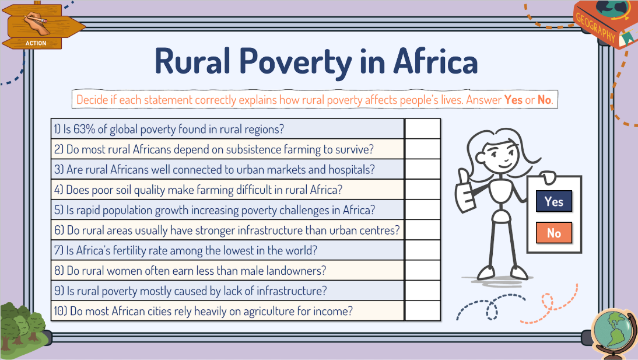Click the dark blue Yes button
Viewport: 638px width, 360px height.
click(554, 201)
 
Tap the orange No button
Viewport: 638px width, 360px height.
click(554, 233)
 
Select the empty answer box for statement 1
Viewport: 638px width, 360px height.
click(422, 129)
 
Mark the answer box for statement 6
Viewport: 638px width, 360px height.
click(422, 230)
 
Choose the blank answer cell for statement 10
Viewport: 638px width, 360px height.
click(422, 311)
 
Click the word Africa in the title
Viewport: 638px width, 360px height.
click(436, 61)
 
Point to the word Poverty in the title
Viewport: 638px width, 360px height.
click(296, 62)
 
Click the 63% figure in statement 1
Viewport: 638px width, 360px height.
click(84, 129)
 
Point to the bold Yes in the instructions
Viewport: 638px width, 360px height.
click(513, 100)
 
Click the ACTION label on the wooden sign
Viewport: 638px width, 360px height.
click(36, 43)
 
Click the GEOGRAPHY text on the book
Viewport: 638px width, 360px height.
click(595, 27)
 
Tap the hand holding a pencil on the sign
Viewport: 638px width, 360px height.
click(36, 23)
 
